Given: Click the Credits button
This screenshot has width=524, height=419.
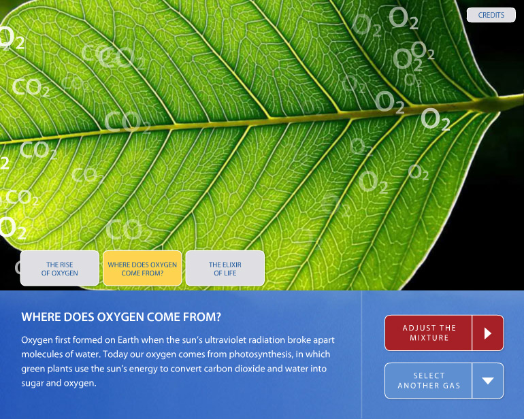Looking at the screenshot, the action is pos(491,15).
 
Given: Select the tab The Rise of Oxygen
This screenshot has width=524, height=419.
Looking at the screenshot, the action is pos(59,268).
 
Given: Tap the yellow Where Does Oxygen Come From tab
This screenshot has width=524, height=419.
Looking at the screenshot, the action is pos(142,268).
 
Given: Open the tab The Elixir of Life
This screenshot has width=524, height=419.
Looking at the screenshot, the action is pos(225,268).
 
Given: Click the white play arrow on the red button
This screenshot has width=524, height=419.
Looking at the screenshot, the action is pos(488,333).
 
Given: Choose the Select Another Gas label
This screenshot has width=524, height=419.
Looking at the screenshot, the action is pos(429,381).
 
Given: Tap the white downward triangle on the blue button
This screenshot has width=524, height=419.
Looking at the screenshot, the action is pos(488,381).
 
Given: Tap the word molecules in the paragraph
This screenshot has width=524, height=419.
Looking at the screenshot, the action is pos(39,354).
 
